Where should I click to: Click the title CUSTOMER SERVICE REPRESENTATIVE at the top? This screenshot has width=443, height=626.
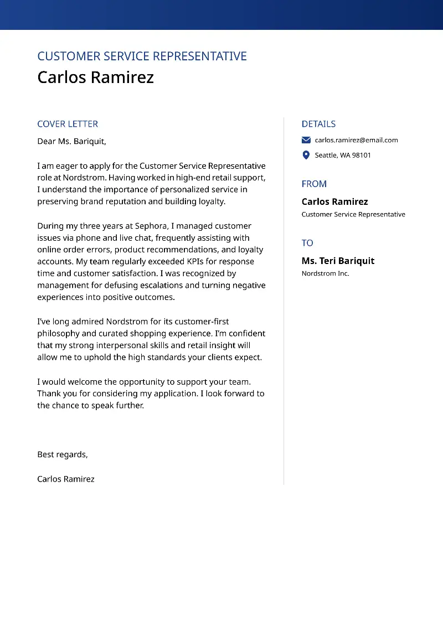click(142, 56)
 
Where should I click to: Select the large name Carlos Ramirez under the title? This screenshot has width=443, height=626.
click(95, 77)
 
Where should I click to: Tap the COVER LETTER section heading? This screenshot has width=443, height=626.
click(68, 124)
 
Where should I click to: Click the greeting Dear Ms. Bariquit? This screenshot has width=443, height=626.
click(71, 141)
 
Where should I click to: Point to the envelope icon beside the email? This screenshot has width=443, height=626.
click(306, 140)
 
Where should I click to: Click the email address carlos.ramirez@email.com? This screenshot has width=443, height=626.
click(356, 140)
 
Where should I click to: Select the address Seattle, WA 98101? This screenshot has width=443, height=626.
click(343, 156)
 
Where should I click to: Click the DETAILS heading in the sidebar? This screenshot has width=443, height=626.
click(318, 124)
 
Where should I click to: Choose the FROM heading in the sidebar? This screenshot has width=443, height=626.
click(314, 184)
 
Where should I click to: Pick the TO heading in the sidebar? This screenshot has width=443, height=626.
click(307, 243)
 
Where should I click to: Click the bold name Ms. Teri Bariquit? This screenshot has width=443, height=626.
click(338, 261)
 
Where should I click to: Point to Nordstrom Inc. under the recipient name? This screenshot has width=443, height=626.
click(325, 273)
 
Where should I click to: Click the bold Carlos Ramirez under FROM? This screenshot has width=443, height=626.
click(334, 201)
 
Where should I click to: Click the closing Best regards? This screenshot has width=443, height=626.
click(62, 454)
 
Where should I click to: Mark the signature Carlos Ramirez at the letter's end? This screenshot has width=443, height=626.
click(65, 479)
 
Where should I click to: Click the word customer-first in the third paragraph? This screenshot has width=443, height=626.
click(197, 322)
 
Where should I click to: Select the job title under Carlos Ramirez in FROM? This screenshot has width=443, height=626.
click(353, 214)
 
